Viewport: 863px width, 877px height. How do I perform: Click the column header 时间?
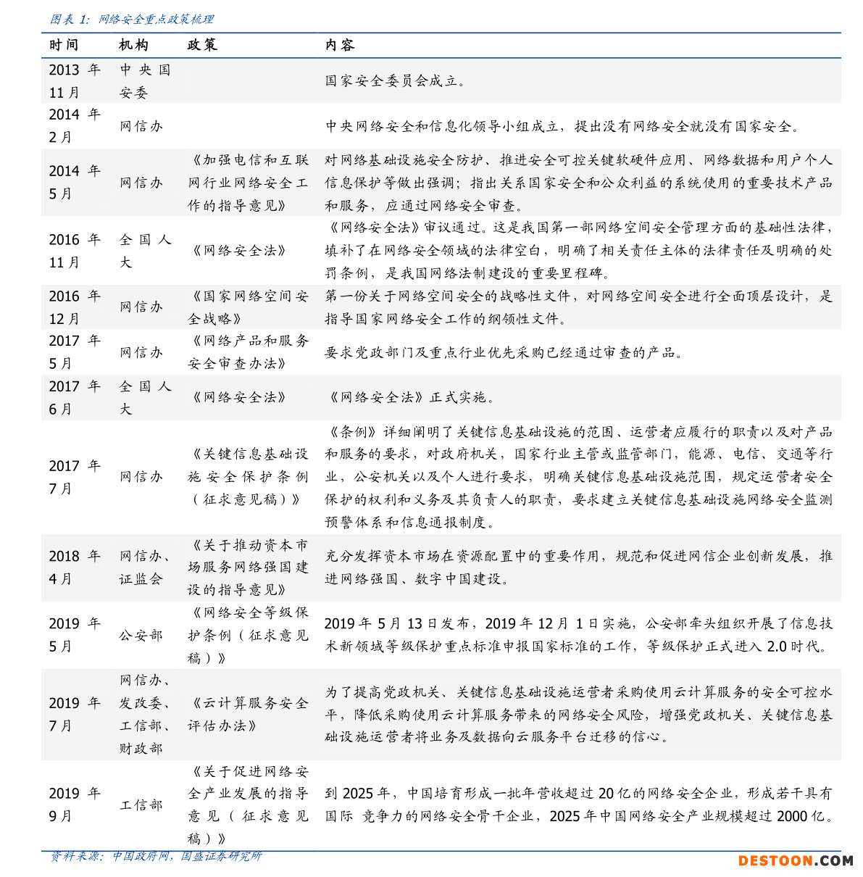point(64,45)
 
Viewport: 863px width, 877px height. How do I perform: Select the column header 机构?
point(133,45)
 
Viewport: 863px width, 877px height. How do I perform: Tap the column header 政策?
point(202,45)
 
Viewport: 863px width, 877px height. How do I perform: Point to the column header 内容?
point(340,45)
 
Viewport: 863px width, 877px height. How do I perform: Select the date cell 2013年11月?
point(74,81)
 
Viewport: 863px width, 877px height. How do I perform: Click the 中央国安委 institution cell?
point(144,81)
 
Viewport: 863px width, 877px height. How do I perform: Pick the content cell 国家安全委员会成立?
point(395,81)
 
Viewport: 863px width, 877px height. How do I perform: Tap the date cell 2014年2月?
point(74,125)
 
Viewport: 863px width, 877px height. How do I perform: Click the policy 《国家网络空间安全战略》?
point(248,307)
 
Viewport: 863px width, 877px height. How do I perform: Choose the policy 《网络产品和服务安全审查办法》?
point(248,352)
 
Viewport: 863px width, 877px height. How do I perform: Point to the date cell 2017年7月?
point(74,477)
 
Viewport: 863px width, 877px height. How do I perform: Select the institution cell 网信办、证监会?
point(144,568)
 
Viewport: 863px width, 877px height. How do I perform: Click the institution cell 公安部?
point(141,635)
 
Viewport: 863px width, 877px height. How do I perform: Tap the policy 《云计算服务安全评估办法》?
point(248,714)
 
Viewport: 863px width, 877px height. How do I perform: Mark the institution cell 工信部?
point(141,805)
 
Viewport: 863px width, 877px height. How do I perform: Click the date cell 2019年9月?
point(74,805)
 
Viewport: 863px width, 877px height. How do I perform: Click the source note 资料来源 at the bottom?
point(155,857)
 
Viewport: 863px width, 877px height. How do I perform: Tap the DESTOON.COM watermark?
point(795,861)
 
